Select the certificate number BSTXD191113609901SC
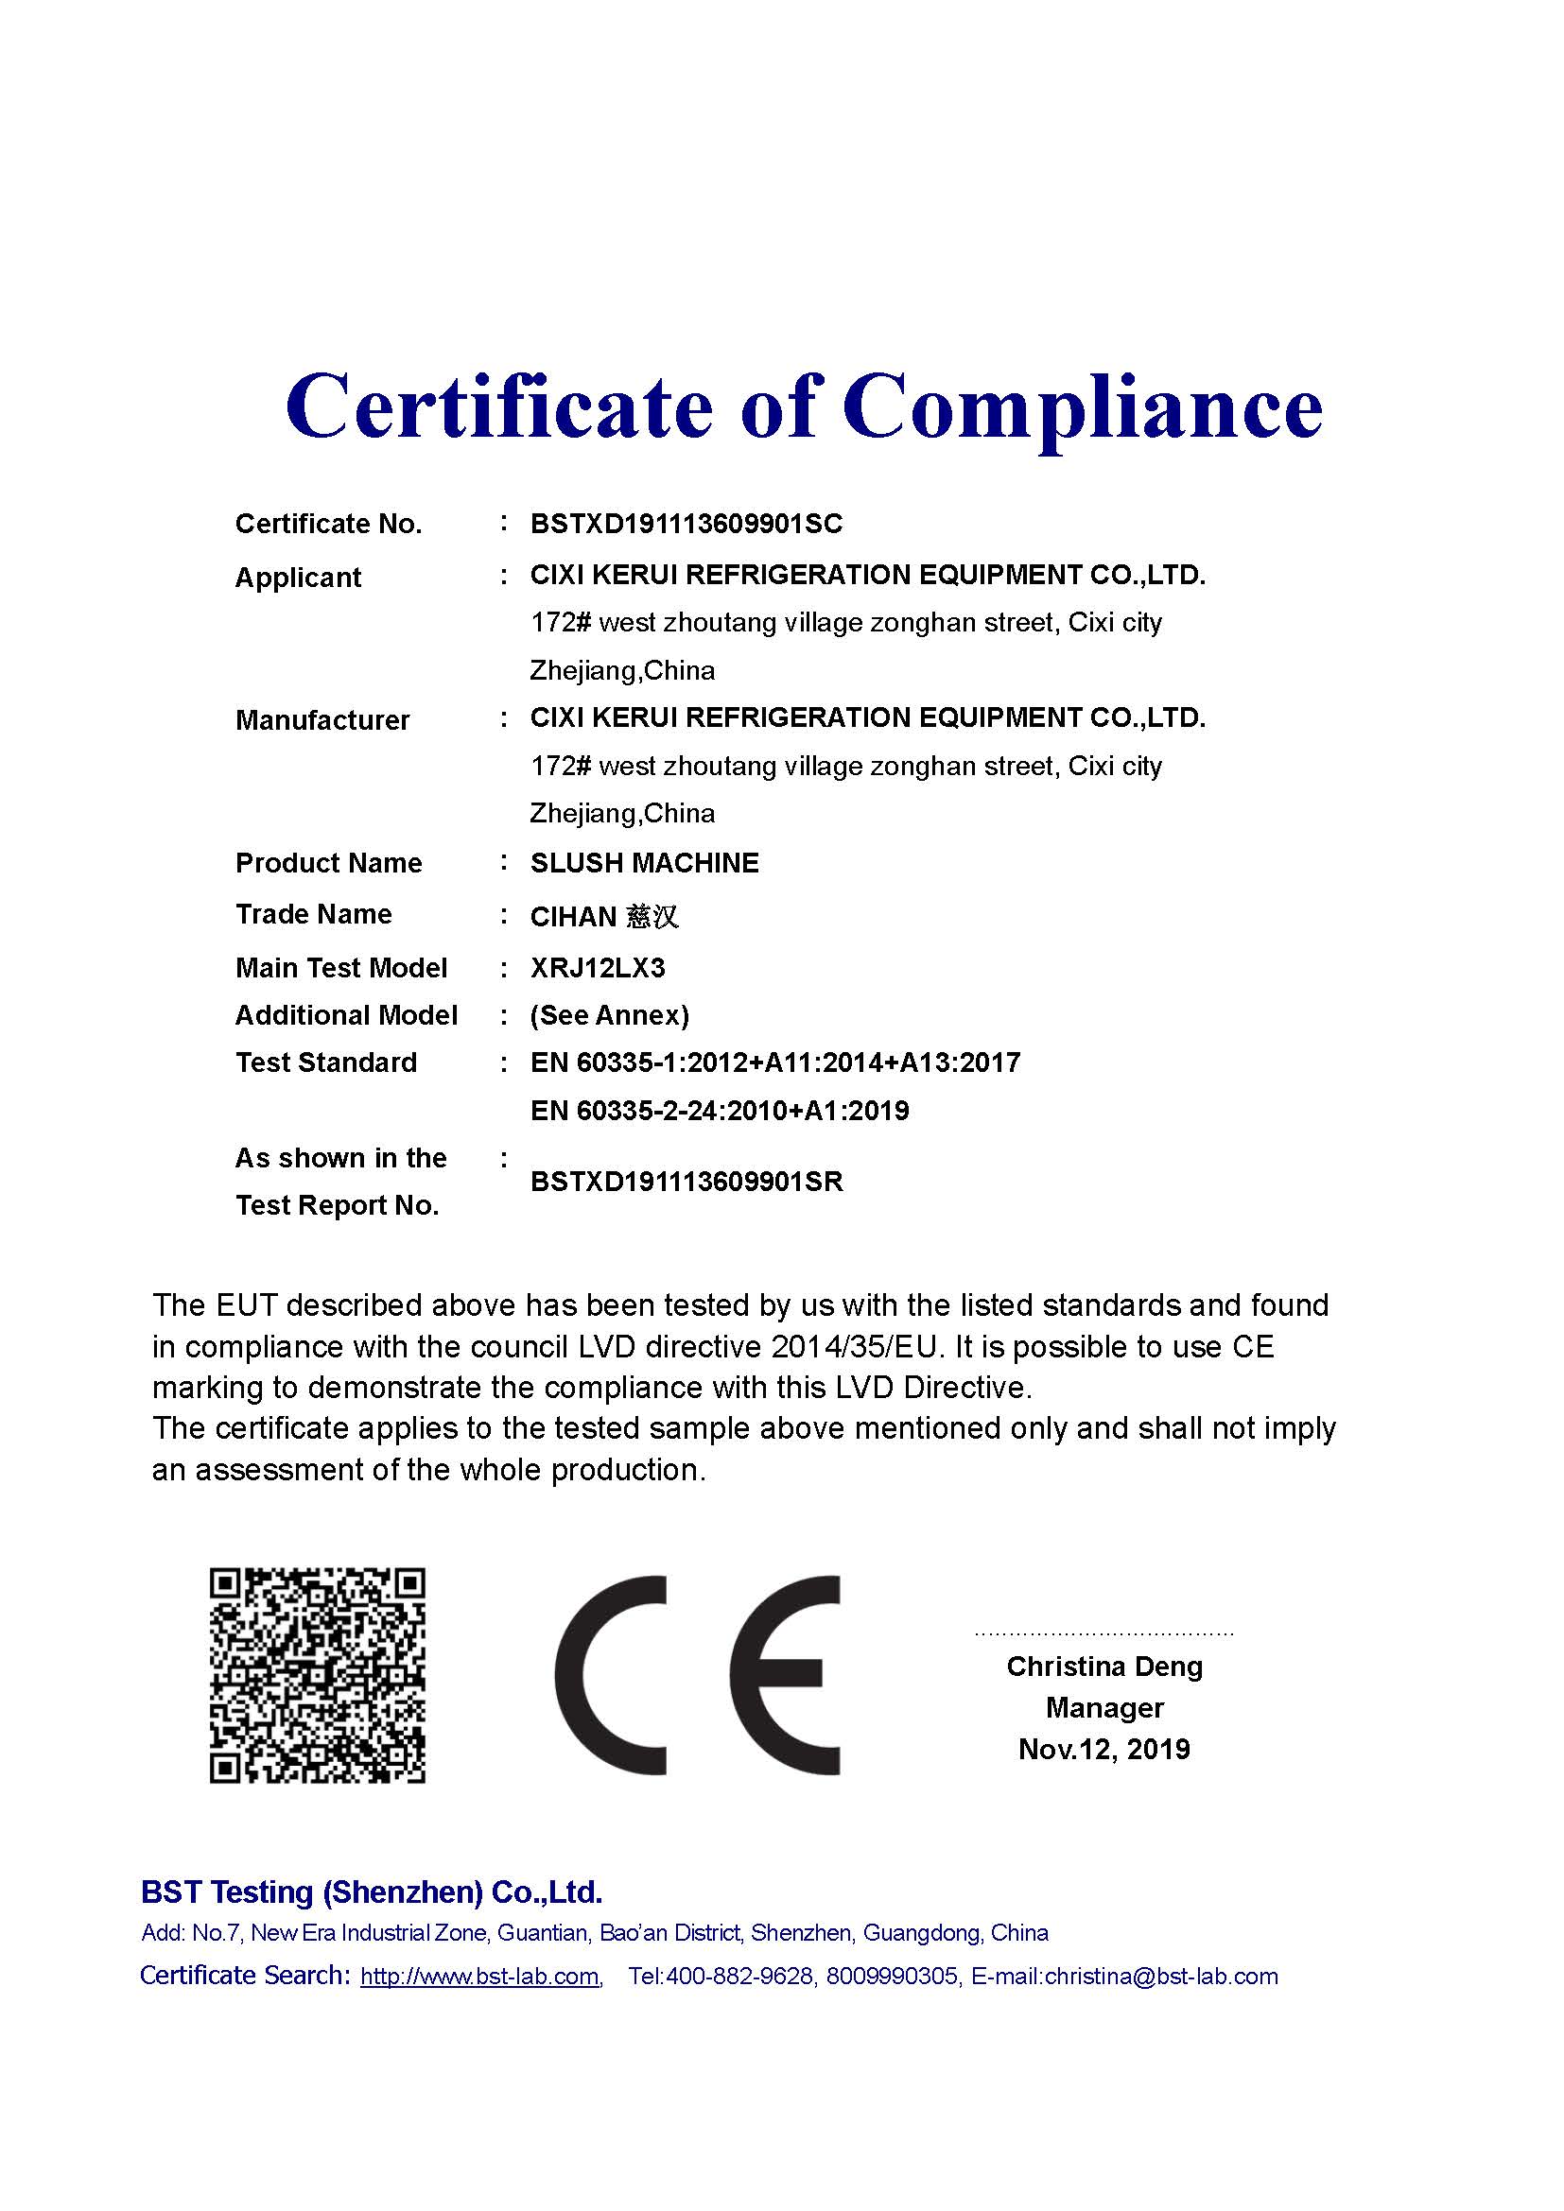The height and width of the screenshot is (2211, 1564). click(x=686, y=524)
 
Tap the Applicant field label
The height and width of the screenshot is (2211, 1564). click(x=298, y=577)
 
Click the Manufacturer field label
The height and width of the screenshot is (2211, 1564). click(x=321, y=719)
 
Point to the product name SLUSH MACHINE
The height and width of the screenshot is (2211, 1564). click(x=644, y=862)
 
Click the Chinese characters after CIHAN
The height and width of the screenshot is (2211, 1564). click(x=653, y=916)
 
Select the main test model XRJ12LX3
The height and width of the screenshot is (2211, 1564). click(x=597, y=967)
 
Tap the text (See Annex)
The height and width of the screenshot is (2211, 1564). click(x=610, y=1015)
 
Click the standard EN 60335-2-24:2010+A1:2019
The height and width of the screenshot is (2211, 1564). click(x=720, y=1111)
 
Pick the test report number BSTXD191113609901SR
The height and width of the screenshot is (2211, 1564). click(x=686, y=1181)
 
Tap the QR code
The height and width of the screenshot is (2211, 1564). click(x=317, y=1675)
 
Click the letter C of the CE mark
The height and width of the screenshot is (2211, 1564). click(x=611, y=1677)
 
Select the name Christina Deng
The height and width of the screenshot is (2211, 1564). click(x=1104, y=1666)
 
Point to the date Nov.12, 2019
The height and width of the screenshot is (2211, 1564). click(x=1103, y=1749)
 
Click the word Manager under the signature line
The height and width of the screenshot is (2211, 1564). click(x=1104, y=1707)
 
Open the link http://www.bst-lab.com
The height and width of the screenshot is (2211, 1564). click(x=479, y=1977)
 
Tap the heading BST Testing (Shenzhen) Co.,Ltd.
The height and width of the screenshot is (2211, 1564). click(x=372, y=1891)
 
